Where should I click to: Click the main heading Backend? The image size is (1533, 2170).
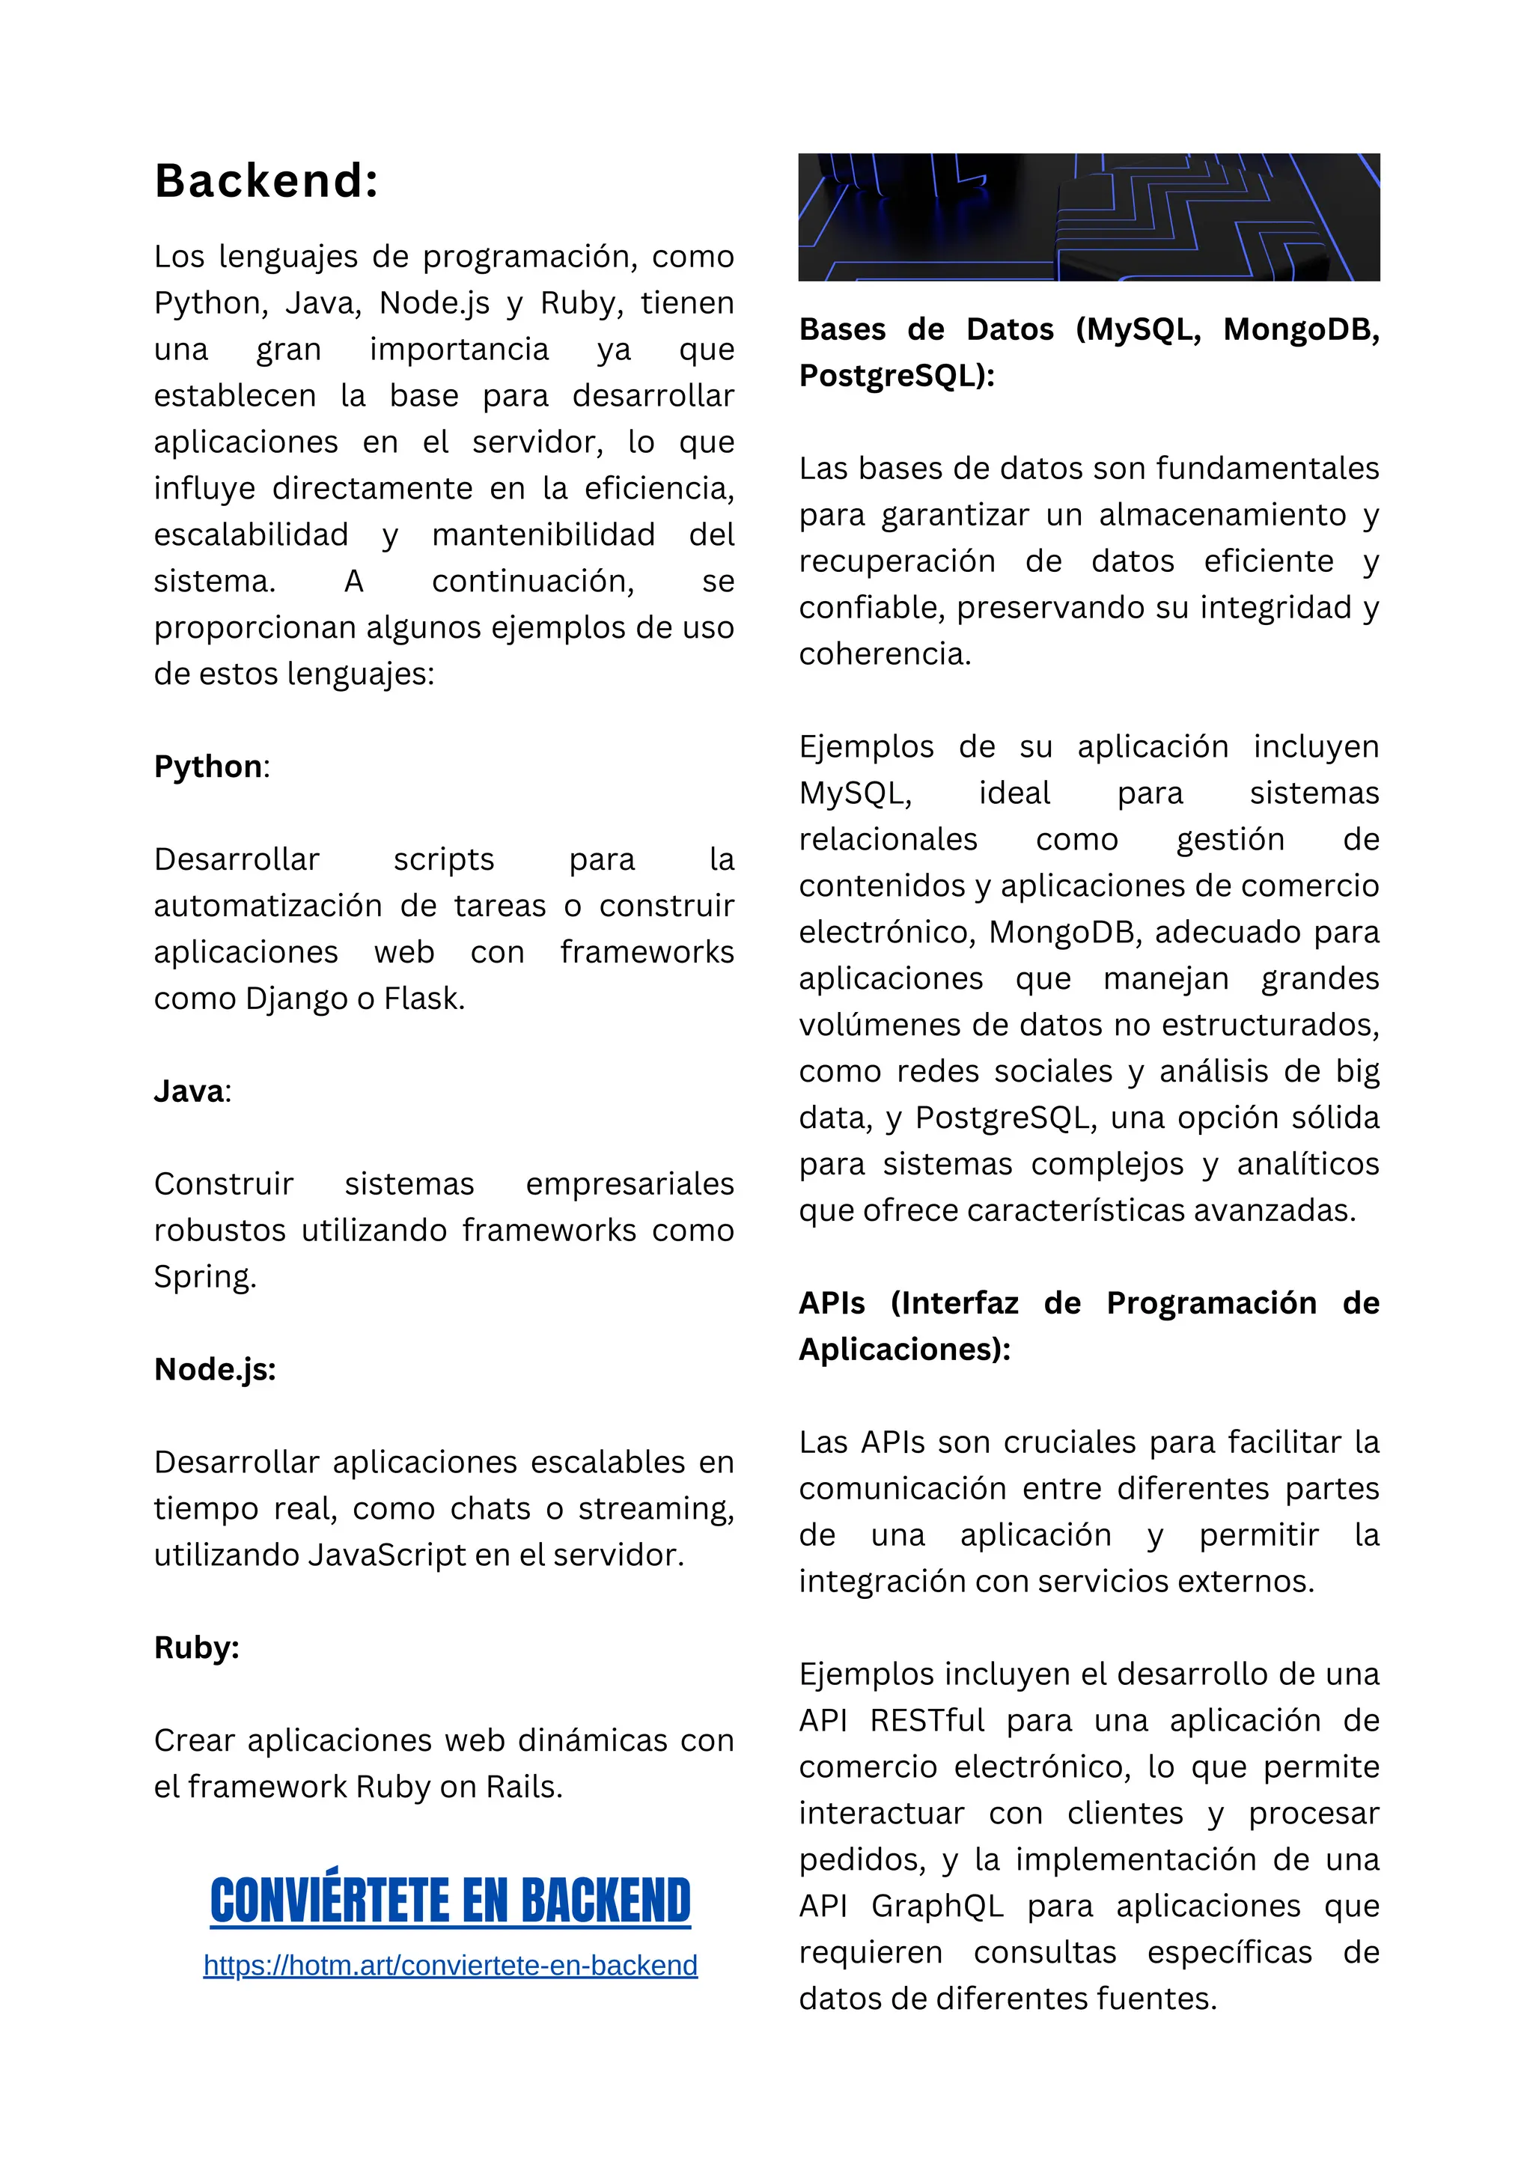266,180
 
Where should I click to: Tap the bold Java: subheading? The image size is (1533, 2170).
192,1091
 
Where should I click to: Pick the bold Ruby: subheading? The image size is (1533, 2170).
197,1648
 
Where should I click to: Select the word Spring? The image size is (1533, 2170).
204,1277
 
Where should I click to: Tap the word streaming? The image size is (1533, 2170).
656,1508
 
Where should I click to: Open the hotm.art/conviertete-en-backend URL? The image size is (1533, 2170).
450,1966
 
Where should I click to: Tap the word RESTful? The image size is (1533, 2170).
927,1720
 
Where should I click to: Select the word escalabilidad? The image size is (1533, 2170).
252,535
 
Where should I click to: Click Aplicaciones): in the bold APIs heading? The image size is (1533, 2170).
903,1349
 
